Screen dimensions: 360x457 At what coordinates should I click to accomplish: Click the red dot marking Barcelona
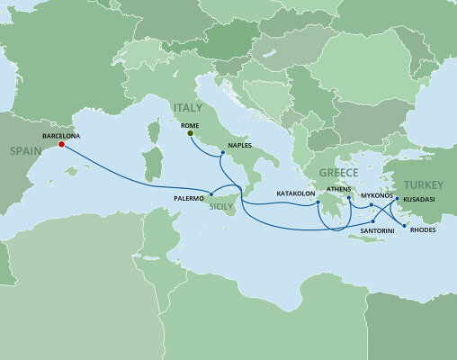pyautogui.click(x=61, y=144)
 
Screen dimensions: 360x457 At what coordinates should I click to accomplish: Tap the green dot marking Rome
pyautogui.click(x=191, y=135)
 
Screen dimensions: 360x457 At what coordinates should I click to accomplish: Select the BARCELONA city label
pyautogui.click(x=61, y=134)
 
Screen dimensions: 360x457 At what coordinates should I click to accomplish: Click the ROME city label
pyautogui.click(x=191, y=125)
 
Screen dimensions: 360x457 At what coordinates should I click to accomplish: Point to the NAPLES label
pyautogui.click(x=243, y=144)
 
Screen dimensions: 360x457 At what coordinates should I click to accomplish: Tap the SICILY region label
pyautogui.click(x=221, y=206)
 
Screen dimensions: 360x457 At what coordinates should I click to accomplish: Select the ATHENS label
pyautogui.click(x=339, y=190)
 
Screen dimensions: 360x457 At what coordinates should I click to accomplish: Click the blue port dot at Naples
pyautogui.click(x=221, y=153)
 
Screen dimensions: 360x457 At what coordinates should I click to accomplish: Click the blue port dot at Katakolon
pyautogui.click(x=317, y=204)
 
